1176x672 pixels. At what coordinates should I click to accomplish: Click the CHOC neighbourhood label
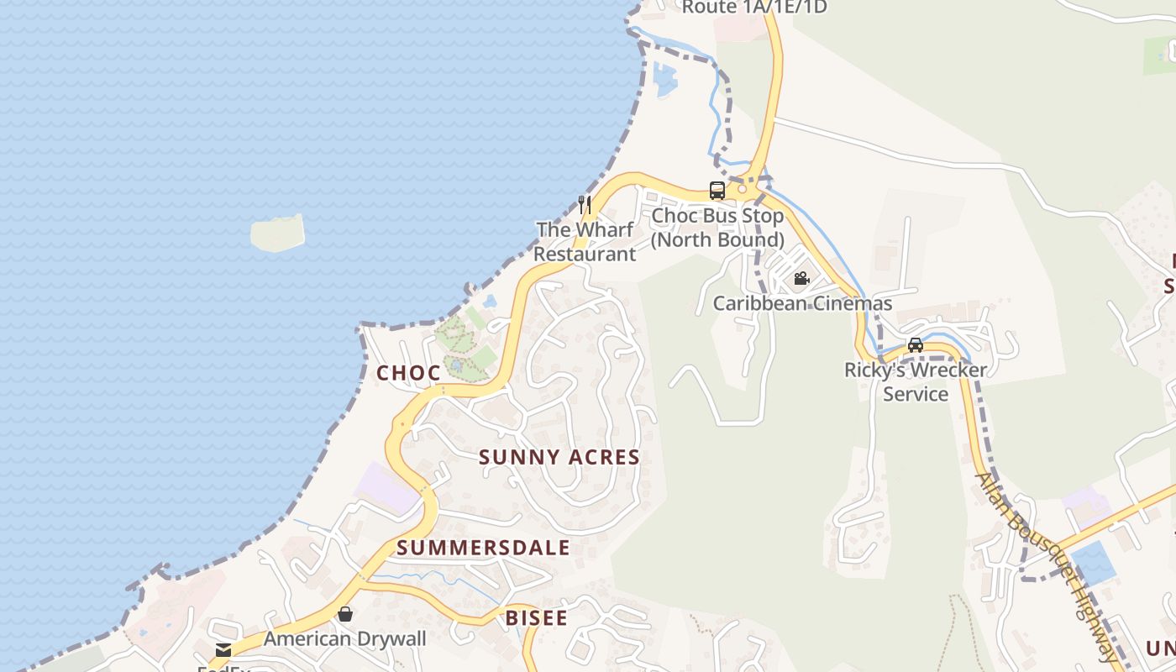408,373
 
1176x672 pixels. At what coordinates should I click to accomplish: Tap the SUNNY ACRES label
559,458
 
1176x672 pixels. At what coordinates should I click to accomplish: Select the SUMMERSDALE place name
483,549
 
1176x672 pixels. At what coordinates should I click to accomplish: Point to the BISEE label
536,619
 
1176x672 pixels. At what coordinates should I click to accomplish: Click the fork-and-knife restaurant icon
585,204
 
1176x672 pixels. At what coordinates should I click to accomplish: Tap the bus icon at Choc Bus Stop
717,191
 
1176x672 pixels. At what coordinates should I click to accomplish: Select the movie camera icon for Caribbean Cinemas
801,278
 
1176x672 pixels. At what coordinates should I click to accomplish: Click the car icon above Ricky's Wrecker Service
916,344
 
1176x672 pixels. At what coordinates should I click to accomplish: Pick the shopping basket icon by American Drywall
344,614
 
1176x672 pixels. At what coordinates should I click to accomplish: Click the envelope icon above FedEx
223,649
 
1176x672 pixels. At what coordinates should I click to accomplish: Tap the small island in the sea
277,233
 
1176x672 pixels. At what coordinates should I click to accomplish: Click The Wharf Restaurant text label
585,242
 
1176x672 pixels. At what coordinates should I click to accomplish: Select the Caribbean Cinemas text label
802,303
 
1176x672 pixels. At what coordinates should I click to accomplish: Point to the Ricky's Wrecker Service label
916,381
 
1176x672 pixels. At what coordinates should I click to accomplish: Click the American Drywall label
345,638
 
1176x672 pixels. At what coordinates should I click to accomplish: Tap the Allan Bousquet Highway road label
1046,567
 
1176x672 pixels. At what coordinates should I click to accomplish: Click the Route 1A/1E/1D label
754,8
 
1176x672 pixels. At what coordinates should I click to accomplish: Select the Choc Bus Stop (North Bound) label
717,228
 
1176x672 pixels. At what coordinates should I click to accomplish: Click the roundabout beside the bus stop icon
743,188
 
